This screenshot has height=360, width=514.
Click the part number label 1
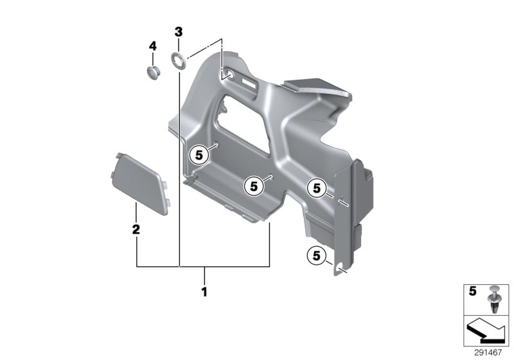pyautogui.click(x=204, y=291)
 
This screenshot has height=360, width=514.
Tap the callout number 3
pyautogui.click(x=179, y=32)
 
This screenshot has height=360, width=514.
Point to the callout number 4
pyautogui.click(x=152, y=46)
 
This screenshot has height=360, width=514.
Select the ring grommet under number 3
pyautogui.click(x=178, y=61)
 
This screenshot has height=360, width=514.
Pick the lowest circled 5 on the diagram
pyautogui.click(x=315, y=256)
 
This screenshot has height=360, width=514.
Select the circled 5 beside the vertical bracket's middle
pyautogui.click(x=315, y=188)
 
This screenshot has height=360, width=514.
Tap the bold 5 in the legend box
pyautogui.click(x=473, y=291)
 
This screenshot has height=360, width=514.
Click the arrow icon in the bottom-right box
pyautogui.click(x=486, y=332)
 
